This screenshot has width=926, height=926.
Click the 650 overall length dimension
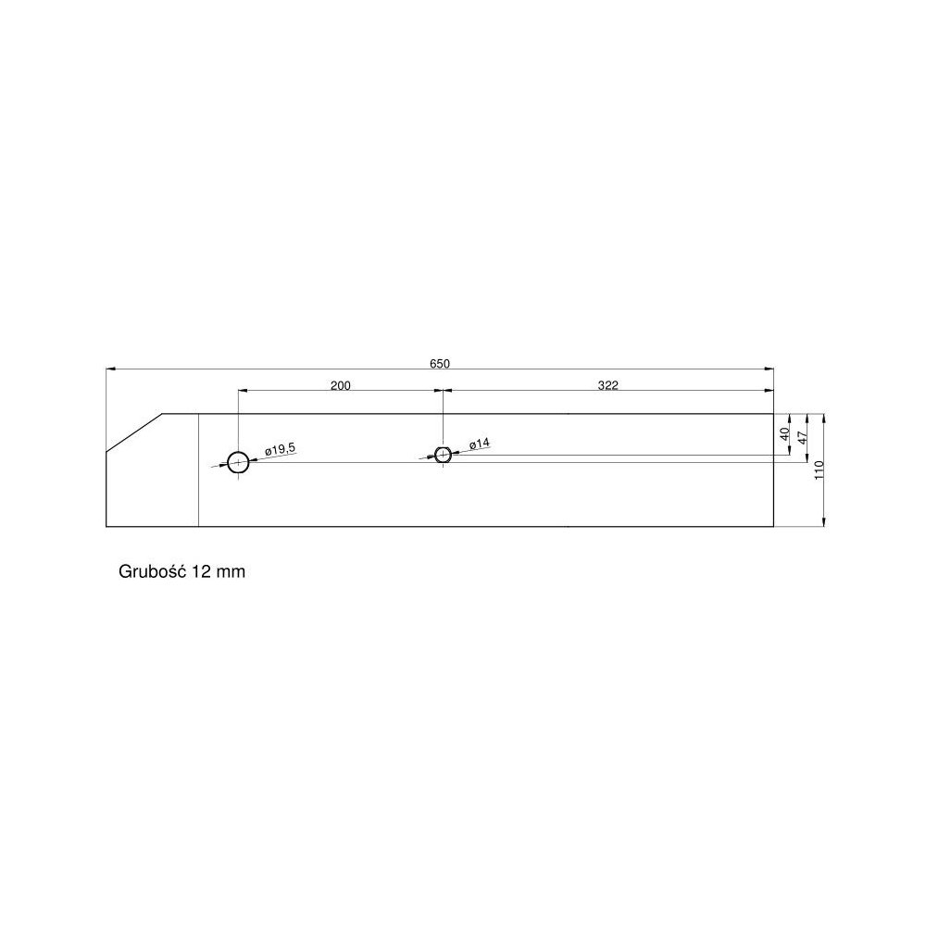(439, 364)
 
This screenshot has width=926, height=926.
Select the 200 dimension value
(340, 385)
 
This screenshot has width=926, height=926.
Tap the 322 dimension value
(607, 385)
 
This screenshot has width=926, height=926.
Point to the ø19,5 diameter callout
(280, 449)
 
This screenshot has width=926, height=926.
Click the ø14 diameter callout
(480, 443)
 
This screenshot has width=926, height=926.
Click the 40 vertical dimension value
(785, 434)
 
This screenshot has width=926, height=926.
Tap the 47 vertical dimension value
(802, 438)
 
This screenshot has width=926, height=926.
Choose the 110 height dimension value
(820, 470)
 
